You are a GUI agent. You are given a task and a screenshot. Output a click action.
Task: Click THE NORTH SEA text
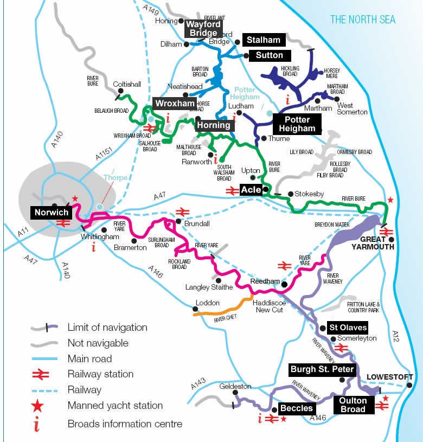coord(363,20)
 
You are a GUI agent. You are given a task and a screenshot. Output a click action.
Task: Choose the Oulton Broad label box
coord(353,405)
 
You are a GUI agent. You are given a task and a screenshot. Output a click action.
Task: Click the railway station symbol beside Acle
coord(230,190)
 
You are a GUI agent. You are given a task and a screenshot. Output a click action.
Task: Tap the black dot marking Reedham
coord(284,284)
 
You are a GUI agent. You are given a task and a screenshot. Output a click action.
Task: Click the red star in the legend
coord(36,405)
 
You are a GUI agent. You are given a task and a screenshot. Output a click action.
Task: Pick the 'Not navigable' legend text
coord(98,343)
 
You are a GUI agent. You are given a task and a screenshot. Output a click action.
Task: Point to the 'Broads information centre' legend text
coord(125,424)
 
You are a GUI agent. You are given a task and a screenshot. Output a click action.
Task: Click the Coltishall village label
coord(126,85)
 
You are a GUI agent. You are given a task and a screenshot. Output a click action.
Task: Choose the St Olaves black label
coord(348,328)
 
